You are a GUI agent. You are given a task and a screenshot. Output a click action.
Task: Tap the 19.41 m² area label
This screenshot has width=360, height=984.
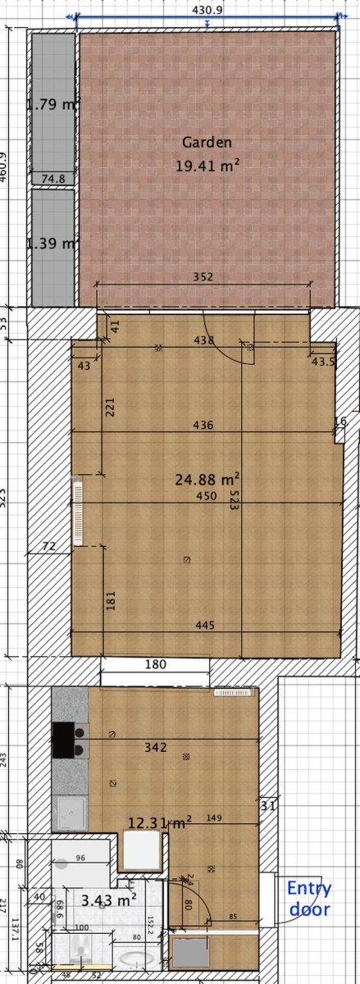tap(207, 166)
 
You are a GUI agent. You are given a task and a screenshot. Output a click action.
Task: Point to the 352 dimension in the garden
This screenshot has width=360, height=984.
tap(203, 277)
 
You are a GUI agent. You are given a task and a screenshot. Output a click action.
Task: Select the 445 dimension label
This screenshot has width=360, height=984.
tap(205, 626)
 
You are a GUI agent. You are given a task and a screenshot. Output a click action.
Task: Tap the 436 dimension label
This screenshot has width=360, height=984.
tap(203, 426)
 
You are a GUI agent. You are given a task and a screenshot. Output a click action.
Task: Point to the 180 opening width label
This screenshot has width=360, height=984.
tap(156, 664)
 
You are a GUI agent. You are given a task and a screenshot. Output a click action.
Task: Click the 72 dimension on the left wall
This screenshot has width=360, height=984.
tap(49, 546)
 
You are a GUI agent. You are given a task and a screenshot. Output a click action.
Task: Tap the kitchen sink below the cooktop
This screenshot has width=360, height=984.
tap(69, 813)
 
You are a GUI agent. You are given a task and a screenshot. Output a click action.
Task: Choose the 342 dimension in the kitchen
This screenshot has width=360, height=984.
tap(155, 747)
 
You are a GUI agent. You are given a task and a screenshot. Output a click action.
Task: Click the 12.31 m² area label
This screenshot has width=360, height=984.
tap(160, 821)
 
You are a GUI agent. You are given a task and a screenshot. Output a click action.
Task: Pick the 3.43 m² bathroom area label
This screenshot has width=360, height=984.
tap(108, 900)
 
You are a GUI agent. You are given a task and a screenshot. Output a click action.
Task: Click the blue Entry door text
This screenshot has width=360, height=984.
tap(309, 898)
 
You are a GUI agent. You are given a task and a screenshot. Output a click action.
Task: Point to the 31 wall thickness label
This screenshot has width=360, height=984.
tap(267, 806)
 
